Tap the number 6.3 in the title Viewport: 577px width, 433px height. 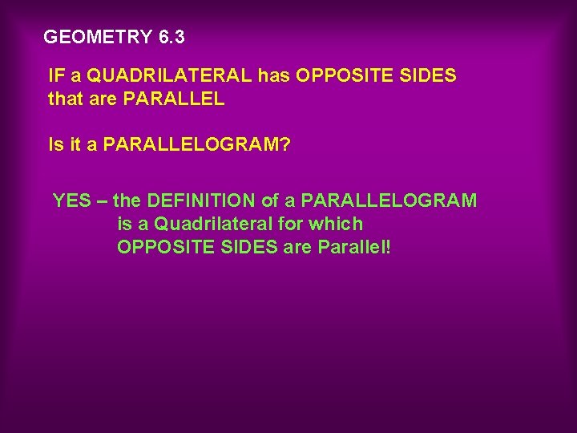171,36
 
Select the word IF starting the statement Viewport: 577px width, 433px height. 57,76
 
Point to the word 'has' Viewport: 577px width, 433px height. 274,76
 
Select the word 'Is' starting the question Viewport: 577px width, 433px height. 55,145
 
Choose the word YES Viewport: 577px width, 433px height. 72,200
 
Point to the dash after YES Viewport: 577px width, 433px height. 102,200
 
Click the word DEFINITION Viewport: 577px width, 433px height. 200,200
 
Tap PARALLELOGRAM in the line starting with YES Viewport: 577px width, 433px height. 389,200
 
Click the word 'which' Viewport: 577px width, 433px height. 339,224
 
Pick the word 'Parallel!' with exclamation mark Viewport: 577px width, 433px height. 355,247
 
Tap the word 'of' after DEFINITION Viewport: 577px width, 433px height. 271,200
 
